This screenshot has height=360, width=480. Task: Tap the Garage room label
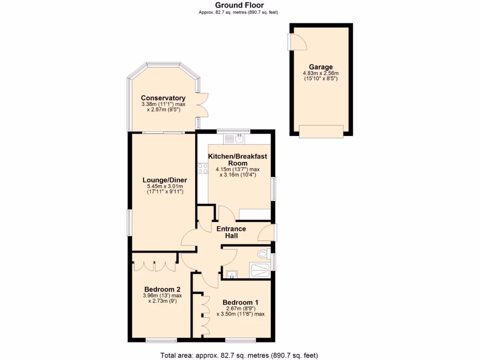(321, 67)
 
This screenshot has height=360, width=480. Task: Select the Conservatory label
(163, 98)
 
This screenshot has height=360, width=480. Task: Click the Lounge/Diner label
(165, 180)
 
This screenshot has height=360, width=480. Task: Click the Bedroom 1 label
(240, 302)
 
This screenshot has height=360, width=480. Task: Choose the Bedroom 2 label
(162, 289)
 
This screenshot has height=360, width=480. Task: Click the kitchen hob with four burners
(203, 168)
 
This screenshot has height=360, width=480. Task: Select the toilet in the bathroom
(263, 255)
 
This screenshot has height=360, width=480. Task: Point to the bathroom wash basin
(231, 274)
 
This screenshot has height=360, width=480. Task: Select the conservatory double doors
(202, 105)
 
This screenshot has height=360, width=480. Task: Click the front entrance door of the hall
(267, 232)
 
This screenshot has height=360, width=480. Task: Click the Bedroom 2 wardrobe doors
(155, 264)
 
